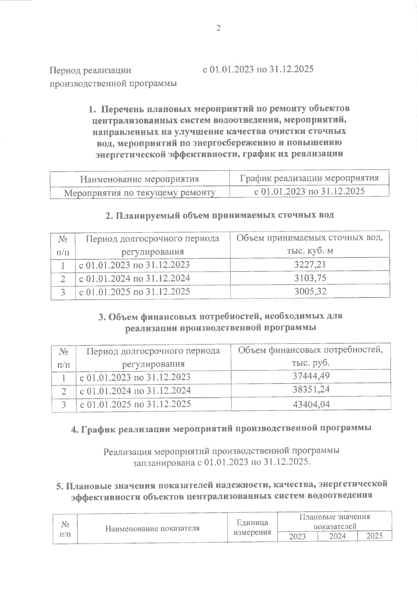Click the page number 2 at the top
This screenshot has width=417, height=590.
(219, 28)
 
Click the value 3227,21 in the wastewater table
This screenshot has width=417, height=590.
(310, 265)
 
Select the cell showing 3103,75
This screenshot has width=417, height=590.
(310, 278)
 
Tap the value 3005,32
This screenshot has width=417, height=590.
(310, 292)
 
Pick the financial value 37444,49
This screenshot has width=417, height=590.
(310, 376)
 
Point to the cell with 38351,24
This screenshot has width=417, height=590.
(310, 390)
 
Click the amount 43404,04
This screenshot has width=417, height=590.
(310, 404)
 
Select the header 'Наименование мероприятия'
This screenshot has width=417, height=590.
(139, 179)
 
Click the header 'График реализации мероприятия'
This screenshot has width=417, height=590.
(309, 179)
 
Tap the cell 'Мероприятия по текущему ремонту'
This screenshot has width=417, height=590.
(140, 192)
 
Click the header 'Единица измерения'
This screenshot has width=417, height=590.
(252, 527)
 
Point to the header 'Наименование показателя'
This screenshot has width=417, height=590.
(152, 528)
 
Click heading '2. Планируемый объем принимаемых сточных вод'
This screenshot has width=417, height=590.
(220, 215)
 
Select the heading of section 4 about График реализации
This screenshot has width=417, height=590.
(221, 429)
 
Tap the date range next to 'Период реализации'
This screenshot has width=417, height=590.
(258, 69)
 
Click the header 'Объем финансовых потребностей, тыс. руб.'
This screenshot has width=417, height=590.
(310, 357)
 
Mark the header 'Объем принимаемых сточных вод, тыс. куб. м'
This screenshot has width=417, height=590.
(310, 244)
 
